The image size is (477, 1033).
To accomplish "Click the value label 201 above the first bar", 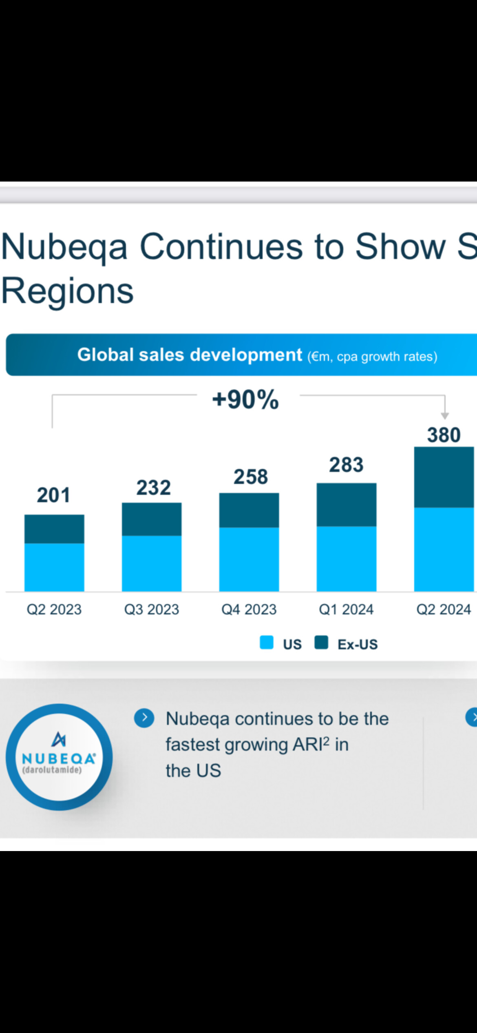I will [53, 495].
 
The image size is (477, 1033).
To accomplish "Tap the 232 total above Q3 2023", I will [153, 488].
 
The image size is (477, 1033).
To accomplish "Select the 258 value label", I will [250, 477].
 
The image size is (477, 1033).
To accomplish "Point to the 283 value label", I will [346, 465].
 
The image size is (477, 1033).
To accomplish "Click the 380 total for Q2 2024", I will [444, 435].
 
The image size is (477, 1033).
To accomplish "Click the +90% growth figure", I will [245, 399].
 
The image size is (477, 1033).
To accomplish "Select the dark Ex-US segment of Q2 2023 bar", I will [54, 529].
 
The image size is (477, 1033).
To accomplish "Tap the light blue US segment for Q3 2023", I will [152, 563].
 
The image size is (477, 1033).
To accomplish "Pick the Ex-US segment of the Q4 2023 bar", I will [249, 510].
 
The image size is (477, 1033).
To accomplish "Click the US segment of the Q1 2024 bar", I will [347, 559].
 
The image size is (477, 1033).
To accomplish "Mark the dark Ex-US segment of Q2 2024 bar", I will [444, 477].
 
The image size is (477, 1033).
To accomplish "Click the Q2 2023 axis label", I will [54, 610].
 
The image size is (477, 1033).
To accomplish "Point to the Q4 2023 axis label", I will [249, 610].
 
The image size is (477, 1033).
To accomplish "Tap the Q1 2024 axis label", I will [346, 610].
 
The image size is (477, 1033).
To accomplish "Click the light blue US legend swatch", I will [267, 642].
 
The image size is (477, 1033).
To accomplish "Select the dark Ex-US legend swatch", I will [321, 642].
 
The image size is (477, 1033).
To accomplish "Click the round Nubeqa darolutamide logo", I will [59, 757].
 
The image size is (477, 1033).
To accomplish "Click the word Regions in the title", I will [68, 291].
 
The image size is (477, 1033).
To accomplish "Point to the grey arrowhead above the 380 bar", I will [445, 415].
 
